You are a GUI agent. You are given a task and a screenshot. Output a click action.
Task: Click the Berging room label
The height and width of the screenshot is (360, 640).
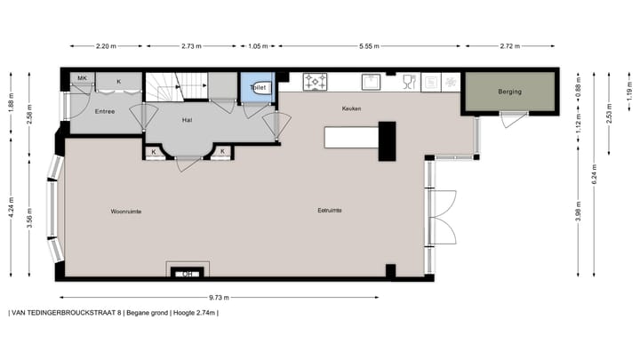[510, 92]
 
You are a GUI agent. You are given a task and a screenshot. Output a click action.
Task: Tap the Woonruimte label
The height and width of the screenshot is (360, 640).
[126, 212]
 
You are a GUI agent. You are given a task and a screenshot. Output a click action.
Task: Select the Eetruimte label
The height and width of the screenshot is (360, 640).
[330, 211]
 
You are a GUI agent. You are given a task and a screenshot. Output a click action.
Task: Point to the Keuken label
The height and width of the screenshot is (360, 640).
[352, 108]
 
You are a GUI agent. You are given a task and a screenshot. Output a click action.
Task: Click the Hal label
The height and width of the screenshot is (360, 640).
[187, 118]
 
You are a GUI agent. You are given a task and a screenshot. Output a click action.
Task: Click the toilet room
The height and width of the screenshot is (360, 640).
[259, 88]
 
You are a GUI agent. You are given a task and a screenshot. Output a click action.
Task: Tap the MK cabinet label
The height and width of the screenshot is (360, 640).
[81, 79]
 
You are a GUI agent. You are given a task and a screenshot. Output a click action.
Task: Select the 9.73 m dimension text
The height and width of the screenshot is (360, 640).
[246, 296]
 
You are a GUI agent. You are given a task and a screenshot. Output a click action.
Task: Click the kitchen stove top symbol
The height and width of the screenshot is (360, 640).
[316, 82]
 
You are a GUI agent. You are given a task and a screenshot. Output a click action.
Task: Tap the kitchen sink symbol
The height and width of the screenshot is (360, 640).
[372, 82]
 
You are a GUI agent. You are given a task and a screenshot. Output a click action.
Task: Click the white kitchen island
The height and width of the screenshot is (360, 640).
[352, 137]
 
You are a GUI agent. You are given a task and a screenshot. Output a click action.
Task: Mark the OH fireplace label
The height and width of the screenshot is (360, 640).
[188, 274]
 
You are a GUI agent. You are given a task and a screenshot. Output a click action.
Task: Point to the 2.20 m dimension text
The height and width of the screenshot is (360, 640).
[107, 44]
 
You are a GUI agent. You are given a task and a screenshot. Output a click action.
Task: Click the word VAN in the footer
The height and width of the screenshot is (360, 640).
[20, 313]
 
